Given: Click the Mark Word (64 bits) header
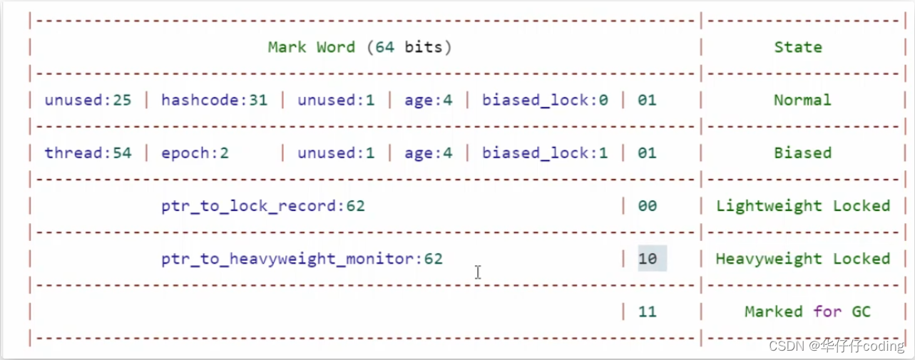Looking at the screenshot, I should pos(359,48).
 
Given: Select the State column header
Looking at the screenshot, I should pos(798,48).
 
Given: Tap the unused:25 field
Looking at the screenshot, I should pos(88,101).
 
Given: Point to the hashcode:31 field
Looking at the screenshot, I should pos(214,101).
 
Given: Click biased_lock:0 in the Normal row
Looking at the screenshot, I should pos(545,101).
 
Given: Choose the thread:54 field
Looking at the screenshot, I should pos(88,153).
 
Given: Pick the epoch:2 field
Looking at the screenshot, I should pos(195,153).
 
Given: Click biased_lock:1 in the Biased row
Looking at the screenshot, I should pos(545,153).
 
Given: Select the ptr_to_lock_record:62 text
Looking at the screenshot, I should pos(262,206).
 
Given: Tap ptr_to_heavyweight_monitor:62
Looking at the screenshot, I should pos(302,259).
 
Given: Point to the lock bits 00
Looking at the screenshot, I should pos(648,206).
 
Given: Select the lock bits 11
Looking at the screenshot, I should pos(648,312).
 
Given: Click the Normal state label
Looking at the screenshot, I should pos(802,101).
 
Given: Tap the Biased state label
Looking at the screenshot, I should pos(802,153).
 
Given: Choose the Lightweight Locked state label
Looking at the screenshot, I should pos(803,206).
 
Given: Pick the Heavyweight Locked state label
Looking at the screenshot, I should pos(803,259).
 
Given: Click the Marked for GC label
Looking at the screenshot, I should pos(807,312).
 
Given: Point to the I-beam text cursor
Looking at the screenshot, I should pos(477,272).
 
